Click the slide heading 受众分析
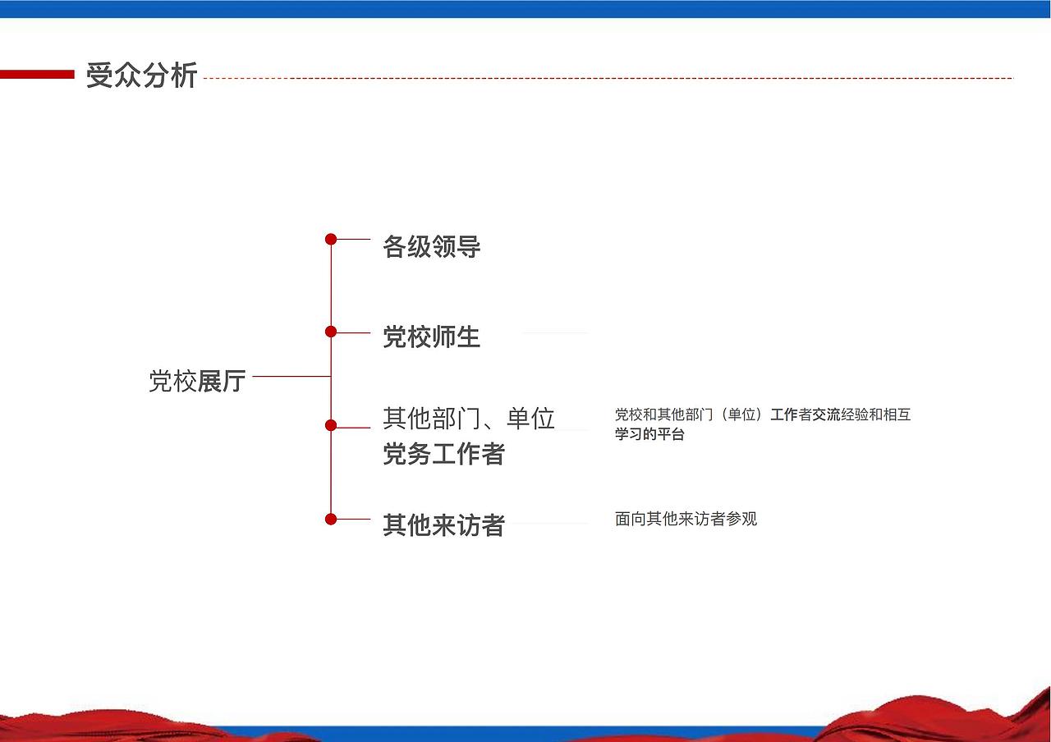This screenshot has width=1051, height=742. point(141,76)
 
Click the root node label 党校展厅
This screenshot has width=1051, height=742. point(197,381)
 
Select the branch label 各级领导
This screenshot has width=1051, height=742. point(431,247)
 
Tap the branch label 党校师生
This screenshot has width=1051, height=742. point(431,337)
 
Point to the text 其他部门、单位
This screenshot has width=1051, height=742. point(469,419)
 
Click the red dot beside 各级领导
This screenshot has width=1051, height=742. point(331,240)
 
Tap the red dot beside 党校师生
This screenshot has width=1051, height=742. point(331,332)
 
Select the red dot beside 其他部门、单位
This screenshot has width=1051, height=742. point(331,425)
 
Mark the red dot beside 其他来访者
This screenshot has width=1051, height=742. point(331,519)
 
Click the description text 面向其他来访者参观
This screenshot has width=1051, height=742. point(686,519)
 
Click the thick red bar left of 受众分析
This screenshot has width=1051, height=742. point(37,75)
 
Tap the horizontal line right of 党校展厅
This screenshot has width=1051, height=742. point(291,377)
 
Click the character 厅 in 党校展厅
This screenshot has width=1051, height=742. point(233,381)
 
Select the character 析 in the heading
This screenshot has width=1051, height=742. point(184,76)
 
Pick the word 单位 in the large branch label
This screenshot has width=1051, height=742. point(531,419)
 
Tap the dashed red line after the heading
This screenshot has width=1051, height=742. point(608,79)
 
